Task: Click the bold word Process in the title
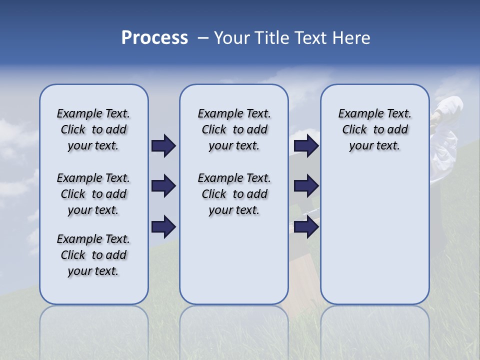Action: pos(154,38)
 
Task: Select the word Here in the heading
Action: pos(351,38)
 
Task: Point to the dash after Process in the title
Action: pos(203,38)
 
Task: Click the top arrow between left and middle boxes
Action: pos(163,145)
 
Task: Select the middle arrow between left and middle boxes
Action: pos(163,186)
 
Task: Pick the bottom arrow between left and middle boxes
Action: pos(163,227)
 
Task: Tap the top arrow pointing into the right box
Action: pos(306,145)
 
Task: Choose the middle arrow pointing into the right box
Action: pos(306,186)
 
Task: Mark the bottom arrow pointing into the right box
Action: pos(306,227)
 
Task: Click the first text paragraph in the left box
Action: pos(93,129)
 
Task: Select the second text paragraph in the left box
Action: pos(93,194)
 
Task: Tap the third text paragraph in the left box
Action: pos(93,255)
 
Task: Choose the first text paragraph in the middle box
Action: pos(234,129)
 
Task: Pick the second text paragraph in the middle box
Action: pos(234,194)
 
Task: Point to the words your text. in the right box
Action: pos(374,146)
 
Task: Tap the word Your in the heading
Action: pos(232,38)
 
